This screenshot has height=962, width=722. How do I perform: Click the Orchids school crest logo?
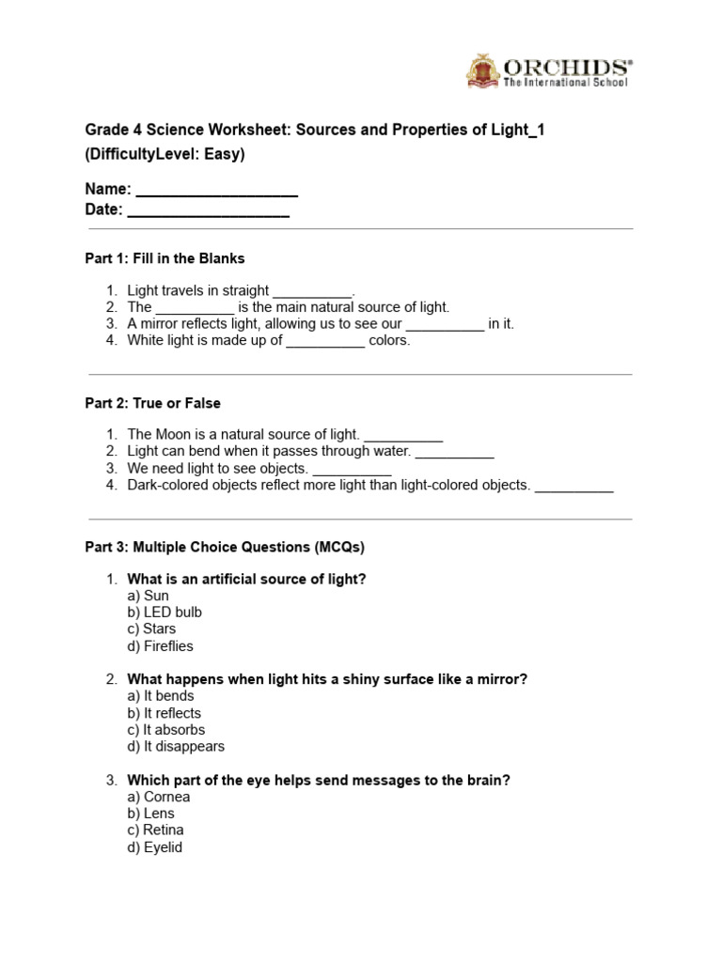(484, 72)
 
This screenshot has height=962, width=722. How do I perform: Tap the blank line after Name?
(216, 191)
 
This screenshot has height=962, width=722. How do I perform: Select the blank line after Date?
(208, 210)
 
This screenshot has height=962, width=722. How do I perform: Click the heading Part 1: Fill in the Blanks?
(165, 258)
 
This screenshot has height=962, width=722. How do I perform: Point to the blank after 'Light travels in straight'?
(312, 292)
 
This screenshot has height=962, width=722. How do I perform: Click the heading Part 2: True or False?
(153, 403)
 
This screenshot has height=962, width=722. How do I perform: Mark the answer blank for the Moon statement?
(402, 436)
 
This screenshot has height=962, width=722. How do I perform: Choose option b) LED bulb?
(165, 613)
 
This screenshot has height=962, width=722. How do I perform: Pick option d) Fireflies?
(161, 646)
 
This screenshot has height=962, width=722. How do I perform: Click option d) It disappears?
(176, 747)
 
